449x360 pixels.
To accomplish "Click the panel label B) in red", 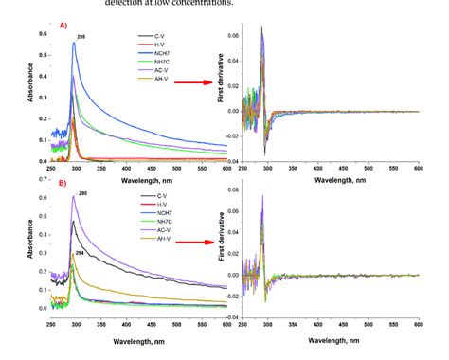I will click(63, 184).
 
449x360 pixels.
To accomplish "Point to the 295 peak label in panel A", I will click(81, 36).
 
